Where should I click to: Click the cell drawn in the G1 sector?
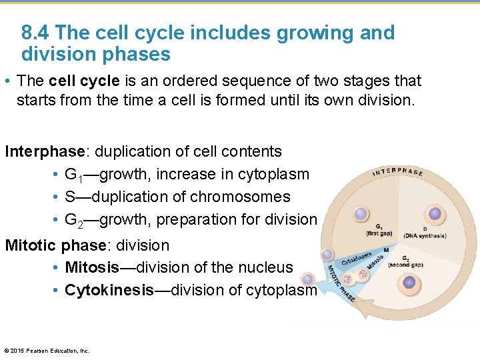[361, 214]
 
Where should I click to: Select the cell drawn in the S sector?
[435, 214]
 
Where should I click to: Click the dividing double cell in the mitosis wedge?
[356, 275]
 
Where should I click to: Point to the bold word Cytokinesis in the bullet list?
[109, 290]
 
